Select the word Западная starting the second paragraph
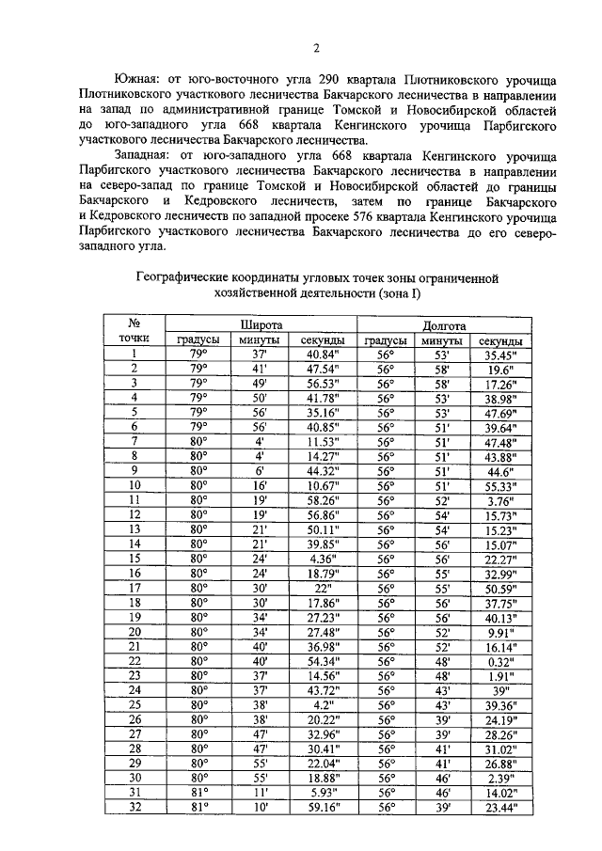(x=144, y=153)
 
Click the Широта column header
(x=258, y=323)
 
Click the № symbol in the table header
(x=135, y=323)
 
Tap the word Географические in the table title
(x=187, y=279)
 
